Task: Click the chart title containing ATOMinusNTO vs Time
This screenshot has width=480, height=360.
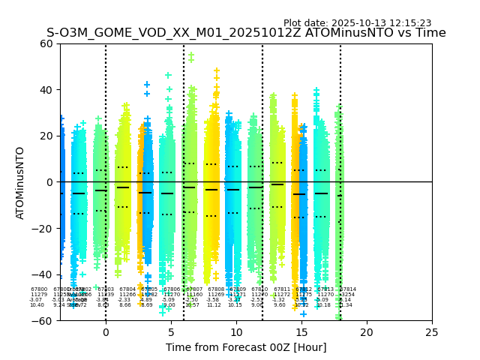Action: coord(246,33)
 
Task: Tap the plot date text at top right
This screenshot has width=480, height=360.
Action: coord(357,23)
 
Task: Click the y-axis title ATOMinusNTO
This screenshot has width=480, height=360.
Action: coord(21,182)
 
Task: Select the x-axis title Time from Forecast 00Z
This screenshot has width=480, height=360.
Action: coord(246,347)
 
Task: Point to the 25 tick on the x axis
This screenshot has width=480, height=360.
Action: coord(432,331)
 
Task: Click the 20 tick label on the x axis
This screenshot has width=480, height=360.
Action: coord(367,331)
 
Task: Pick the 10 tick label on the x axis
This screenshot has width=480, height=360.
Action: coord(236,331)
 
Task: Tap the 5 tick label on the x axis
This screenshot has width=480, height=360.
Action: coord(171,331)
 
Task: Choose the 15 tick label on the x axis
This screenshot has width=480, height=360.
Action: coord(301,331)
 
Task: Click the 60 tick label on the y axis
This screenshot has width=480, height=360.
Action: coord(46,43)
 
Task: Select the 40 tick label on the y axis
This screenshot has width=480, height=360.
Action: coord(46,90)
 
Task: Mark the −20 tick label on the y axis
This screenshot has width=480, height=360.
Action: coord(43,228)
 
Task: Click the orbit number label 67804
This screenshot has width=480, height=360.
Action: coord(127,289)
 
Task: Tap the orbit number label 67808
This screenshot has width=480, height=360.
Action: coord(216,289)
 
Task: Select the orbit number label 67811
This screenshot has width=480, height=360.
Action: coord(282,289)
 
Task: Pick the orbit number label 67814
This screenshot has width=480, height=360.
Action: coord(348,289)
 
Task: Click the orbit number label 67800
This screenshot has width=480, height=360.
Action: coord(39,289)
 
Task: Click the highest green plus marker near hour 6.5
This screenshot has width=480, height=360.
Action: coord(190,55)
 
